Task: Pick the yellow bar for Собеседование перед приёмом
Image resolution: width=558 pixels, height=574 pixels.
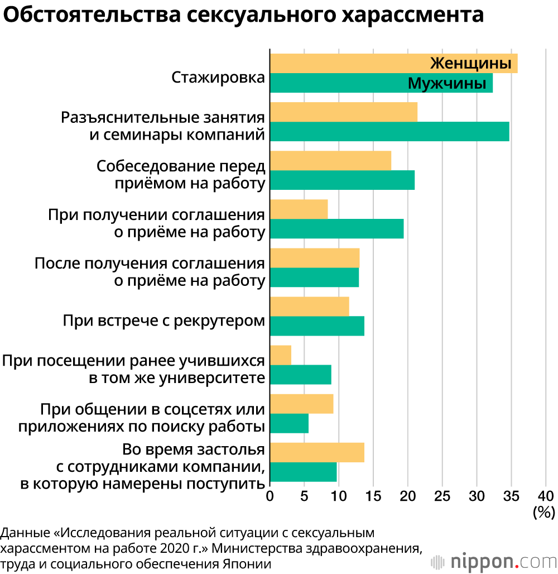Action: [330, 160]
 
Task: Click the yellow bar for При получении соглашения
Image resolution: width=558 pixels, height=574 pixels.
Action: [299, 209]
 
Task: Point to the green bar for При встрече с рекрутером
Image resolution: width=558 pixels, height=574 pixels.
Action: [317, 326]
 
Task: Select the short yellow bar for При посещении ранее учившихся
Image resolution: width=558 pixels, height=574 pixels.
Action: [281, 355]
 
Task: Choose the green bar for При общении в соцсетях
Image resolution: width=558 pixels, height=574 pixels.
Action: [289, 423]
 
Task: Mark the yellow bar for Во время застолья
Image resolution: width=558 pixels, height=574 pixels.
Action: [317, 452]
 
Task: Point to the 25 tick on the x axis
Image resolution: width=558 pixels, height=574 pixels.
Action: [442, 495]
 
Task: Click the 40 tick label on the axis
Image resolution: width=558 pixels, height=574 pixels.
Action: [545, 495]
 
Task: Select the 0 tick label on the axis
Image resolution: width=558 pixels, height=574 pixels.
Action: [270, 495]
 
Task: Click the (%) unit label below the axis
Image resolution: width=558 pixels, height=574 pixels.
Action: [543, 510]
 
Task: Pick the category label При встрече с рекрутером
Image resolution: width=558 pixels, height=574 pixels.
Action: [163, 322]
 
